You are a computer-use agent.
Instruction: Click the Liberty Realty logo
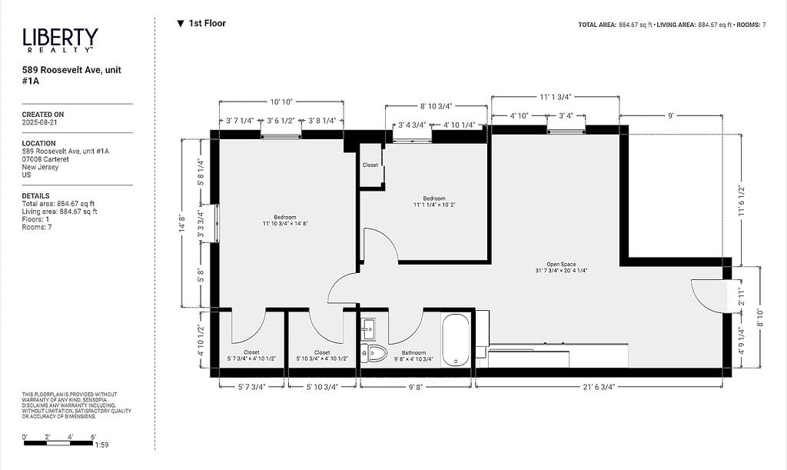coord(60,40)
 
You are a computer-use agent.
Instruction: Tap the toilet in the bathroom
coord(374,354)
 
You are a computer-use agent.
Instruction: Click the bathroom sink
coord(368,328)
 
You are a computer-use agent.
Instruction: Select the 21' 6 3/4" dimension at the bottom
coord(599,387)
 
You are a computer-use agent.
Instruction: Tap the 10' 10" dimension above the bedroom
coord(281,102)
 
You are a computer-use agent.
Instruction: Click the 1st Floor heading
coord(202,23)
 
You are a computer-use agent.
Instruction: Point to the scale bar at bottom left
coord(58,443)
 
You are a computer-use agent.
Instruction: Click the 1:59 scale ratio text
coord(101,445)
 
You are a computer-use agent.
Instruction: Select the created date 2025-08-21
coord(40,122)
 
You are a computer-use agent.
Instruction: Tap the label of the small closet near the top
coord(370,165)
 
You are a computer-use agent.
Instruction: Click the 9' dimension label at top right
coord(670,116)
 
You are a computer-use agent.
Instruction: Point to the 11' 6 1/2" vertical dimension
coord(742,200)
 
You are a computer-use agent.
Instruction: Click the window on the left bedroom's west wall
coord(217,223)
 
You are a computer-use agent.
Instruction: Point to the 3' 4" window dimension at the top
coord(566,116)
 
